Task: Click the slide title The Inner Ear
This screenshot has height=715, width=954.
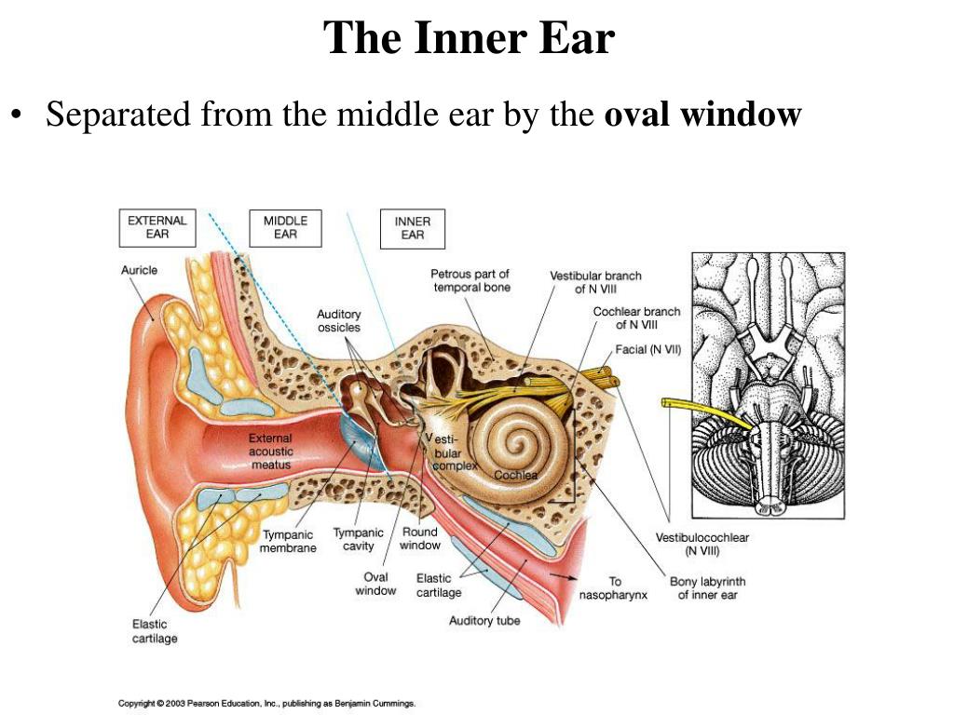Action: point(469,37)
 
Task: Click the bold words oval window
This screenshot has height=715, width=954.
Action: point(702,114)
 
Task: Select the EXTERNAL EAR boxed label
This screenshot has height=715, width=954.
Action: point(157,227)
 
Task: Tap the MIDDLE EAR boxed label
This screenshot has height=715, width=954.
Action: point(285,227)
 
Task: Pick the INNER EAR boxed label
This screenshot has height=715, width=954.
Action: point(413,229)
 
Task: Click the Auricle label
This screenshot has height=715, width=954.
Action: point(139,270)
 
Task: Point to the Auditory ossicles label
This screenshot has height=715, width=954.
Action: point(339,320)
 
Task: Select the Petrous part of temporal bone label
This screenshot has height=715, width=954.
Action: point(470,280)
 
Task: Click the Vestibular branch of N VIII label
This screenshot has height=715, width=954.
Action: point(595,282)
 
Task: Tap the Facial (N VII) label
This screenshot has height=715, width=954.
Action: point(648,350)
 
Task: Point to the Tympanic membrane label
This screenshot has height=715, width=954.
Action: point(288,541)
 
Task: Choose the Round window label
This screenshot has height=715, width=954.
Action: point(420,539)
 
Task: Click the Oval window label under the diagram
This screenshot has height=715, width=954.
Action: point(375,584)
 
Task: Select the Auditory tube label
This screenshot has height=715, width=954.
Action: point(484,621)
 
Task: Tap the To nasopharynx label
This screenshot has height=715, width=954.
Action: point(613,588)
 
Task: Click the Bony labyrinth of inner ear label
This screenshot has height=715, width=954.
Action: point(708,588)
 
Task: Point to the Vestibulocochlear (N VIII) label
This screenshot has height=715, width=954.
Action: point(702,544)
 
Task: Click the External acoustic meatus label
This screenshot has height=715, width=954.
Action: point(271,452)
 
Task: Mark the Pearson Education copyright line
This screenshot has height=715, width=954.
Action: point(266,704)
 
